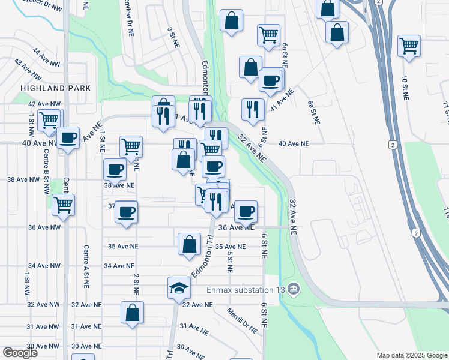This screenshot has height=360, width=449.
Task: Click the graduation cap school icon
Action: pos(179,289)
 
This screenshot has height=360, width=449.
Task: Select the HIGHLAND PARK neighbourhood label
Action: pos(55,88)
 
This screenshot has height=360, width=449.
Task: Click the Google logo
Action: pos(19,352)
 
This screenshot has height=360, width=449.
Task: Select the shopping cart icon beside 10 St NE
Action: pos(409,46)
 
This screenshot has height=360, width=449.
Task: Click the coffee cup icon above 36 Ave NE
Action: pos(246,211)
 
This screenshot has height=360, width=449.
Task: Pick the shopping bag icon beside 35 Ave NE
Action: pos(189,244)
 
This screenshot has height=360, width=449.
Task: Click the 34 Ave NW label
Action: pos(44,266)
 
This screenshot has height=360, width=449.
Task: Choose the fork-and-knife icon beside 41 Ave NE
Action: pos(253,110)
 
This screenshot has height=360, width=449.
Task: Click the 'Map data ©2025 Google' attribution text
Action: pos(411,355)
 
